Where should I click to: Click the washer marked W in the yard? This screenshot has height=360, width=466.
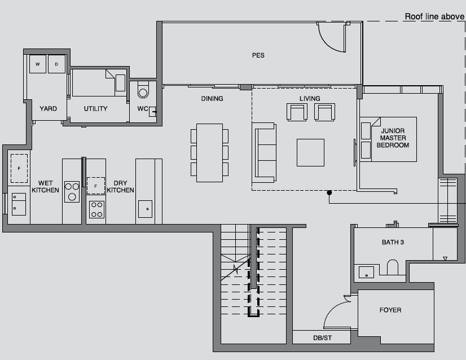pyautogui.click(x=38, y=64)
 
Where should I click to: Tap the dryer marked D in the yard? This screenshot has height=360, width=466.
pyautogui.click(x=56, y=64)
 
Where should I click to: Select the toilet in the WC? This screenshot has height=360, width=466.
pyautogui.click(x=143, y=90)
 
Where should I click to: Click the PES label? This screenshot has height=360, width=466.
pyautogui.click(x=258, y=55)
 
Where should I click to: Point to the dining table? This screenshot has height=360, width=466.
pyautogui.click(x=209, y=153)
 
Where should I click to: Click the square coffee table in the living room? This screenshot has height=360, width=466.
pyautogui.click(x=310, y=152)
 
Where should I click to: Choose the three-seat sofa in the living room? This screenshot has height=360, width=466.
pyautogui.click(x=264, y=152)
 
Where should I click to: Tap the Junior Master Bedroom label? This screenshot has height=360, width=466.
pyautogui.click(x=393, y=138)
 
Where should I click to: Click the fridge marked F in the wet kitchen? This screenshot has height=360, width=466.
pyautogui.click(x=19, y=168)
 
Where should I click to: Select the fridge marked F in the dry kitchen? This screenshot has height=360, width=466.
pyautogui.click(x=96, y=186)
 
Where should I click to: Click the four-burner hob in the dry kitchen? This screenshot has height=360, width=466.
pyautogui.click(x=97, y=209)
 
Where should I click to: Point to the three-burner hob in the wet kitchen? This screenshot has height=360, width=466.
pyautogui.click(x=72, y=192)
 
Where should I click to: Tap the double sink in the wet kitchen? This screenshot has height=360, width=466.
pyautogui.click(x=19, y=204)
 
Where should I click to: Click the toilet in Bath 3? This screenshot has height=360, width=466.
pyautogui.click(x=392, y=267)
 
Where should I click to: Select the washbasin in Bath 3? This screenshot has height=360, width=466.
pyautogui.click(x=367, y=272)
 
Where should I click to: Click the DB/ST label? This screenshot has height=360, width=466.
pyautogui.click(x=323, y=338)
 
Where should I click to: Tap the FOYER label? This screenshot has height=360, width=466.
pyautogui.click(x=390, y=310)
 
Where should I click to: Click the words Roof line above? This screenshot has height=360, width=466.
pyautogui.click(x=434, y=17)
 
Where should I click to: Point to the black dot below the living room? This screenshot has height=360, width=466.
pyautogui.click(x=329, y=192)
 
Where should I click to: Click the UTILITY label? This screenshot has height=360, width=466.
pyautogui.click(x=95, y=108)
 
